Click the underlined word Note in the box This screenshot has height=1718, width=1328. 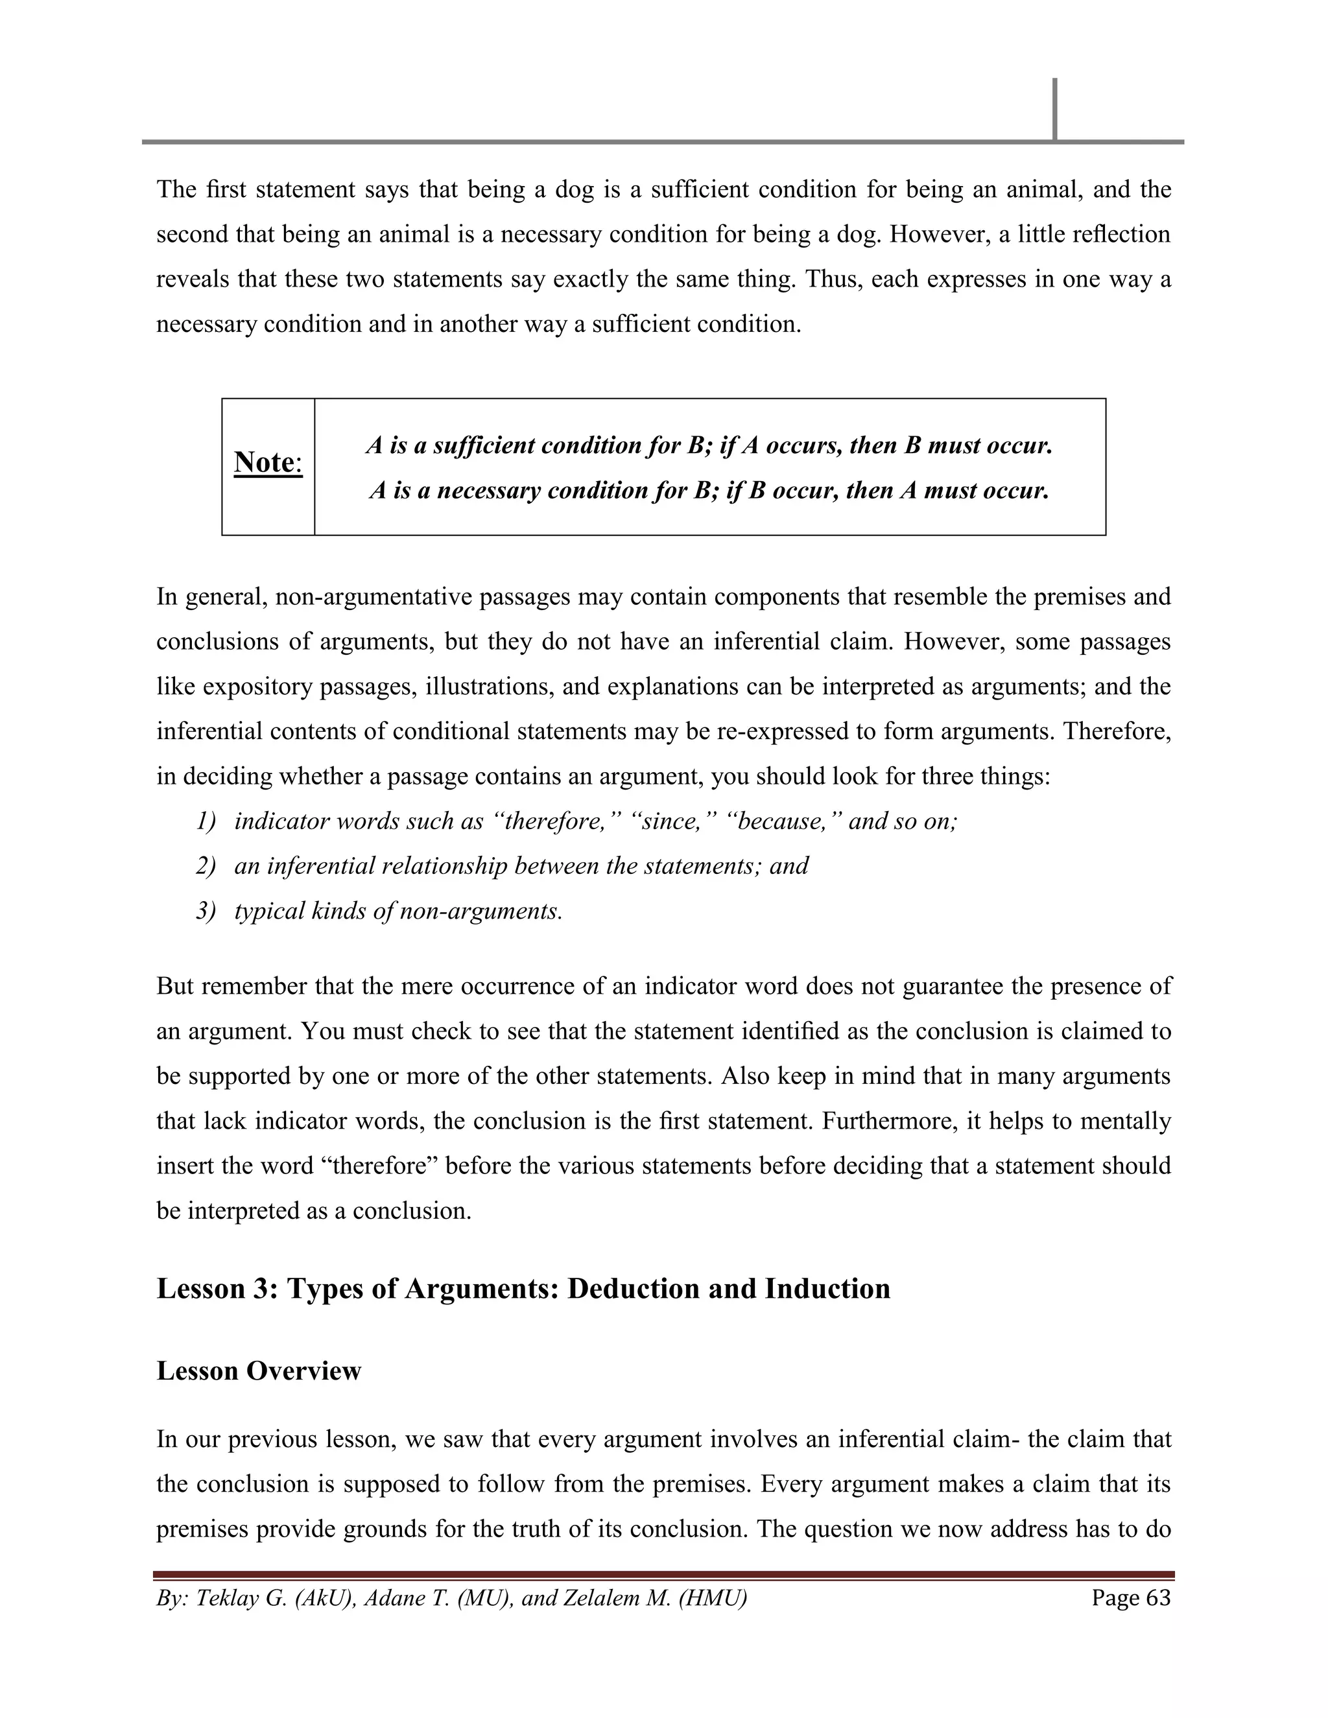pyautogui.click(x=265, y=462)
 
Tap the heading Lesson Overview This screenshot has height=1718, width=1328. pyautogui.click(x=259, y=1371)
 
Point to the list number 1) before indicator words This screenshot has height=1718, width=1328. pyautogui.click(x=206, y=821)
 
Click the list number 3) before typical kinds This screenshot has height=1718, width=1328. pyautogui.click(x=206, y=911)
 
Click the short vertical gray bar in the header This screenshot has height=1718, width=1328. pyautogui.click(x=1054, y=110)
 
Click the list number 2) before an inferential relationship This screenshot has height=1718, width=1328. pyautogui.click(x=206, y=866)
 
